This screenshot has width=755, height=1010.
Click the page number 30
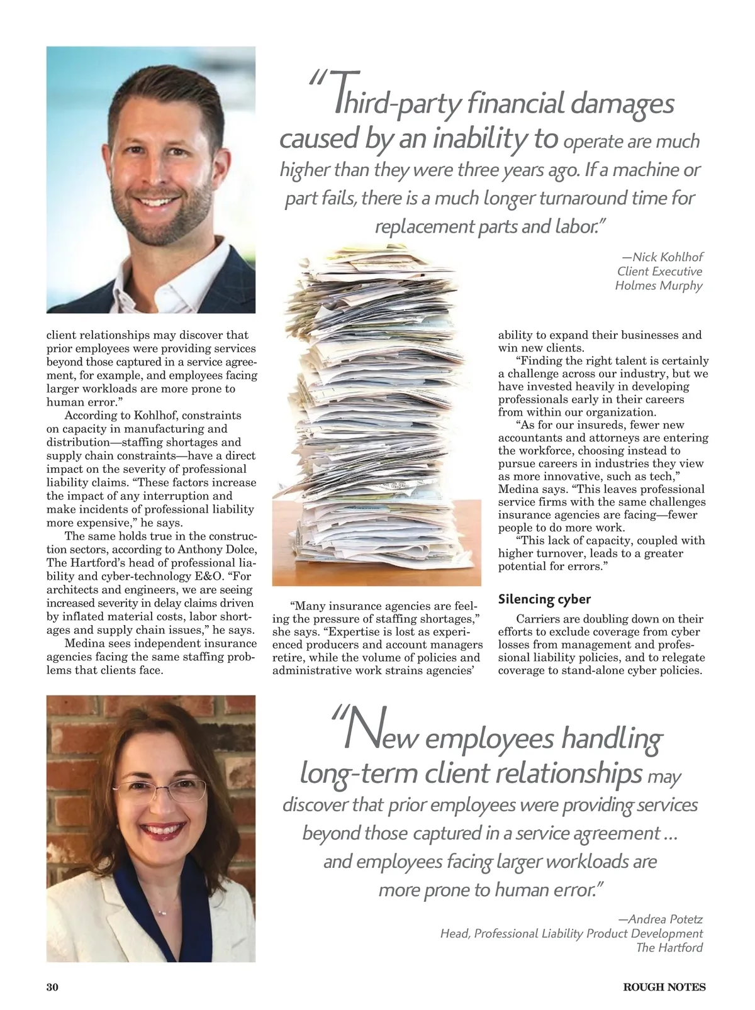click(52, 987)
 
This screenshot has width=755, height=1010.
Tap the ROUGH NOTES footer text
click(664, 987)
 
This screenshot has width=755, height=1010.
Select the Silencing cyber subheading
click(544, 599)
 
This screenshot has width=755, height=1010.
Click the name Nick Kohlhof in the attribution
click(667, 257)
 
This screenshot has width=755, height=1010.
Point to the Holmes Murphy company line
click(658, 286)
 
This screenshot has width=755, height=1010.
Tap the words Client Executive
click(659, 272)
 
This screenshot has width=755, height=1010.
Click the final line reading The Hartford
click(669, 948)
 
